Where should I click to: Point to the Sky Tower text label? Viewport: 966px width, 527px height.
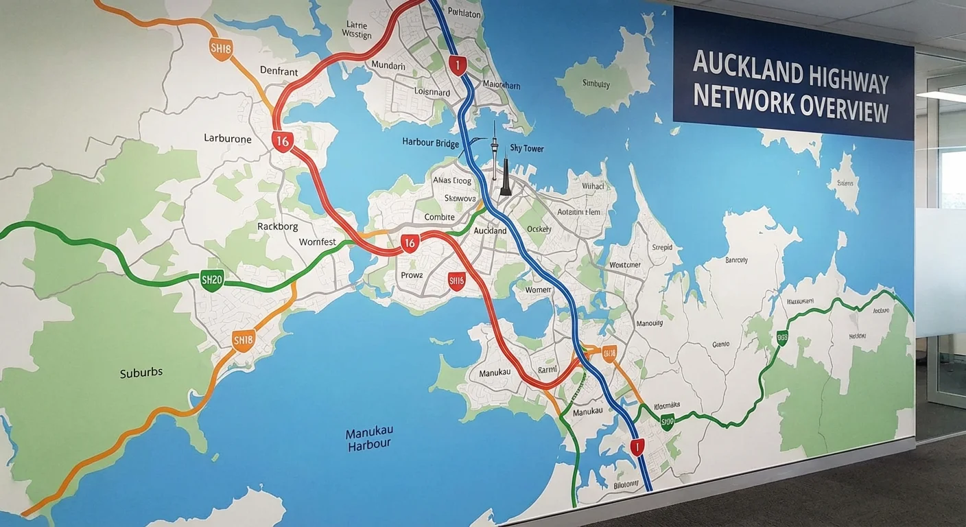click(527, 148)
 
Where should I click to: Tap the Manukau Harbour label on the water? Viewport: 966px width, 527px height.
click(369, 438)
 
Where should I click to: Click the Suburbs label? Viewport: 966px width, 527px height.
click(141, 373)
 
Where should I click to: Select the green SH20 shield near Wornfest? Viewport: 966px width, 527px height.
click(212, 279)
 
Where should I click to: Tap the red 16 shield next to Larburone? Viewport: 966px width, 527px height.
click(282, 141)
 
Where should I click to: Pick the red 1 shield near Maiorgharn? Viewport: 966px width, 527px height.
click(458, 65)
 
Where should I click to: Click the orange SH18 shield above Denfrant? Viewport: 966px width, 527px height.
click(222, 49)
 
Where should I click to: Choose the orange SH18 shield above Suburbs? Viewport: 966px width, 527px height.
click(244, 340)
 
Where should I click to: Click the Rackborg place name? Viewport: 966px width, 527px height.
click(278, 226)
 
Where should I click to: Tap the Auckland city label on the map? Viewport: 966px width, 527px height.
click(490, 231)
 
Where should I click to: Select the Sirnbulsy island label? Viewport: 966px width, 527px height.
click(596, 84)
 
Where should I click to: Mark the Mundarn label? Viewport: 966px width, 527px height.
click(388, 65)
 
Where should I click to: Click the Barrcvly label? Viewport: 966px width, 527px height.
click(736, 260)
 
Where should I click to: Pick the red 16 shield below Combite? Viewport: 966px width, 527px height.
click(410, 242)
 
